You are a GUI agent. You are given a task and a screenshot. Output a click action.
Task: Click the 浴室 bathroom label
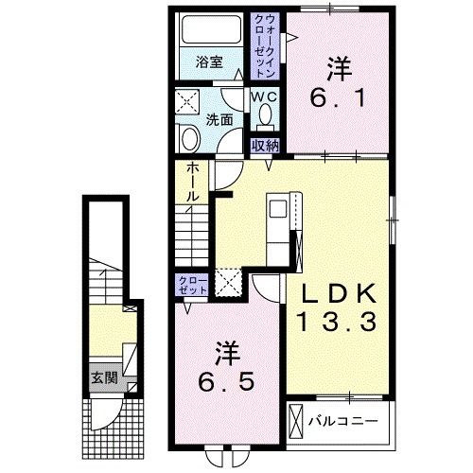tap(209, 61)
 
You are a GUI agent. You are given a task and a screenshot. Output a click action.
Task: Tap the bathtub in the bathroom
tap(212, 29)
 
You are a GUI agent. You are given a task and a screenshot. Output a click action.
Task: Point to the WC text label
tap(265, 96)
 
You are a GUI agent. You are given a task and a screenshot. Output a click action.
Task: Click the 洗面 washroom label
tap(219, 120)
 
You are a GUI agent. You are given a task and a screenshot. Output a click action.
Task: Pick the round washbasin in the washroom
tap(190, 139)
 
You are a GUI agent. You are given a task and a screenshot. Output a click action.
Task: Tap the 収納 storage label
tap(265, 146)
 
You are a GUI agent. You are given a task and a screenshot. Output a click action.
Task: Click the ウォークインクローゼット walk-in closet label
tap(265, 46)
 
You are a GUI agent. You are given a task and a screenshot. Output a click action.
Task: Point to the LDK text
tap(340, 293)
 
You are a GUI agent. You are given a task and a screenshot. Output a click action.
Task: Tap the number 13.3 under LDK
tap(338, 322)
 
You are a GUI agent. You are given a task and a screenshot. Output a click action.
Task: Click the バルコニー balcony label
tap(342, 421)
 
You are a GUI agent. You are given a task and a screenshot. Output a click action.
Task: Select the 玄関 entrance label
tap(105, 377)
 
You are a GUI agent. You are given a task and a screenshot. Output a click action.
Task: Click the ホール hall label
tap(193, 182)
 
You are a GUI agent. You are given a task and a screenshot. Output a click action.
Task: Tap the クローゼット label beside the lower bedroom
tap(193, 285)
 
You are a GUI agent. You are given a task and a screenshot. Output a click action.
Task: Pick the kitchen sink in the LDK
tap(278, 209)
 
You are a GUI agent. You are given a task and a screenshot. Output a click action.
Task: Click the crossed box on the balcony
tap(295, 421)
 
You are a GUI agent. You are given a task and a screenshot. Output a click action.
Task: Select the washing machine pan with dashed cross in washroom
tap(187, 101)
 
